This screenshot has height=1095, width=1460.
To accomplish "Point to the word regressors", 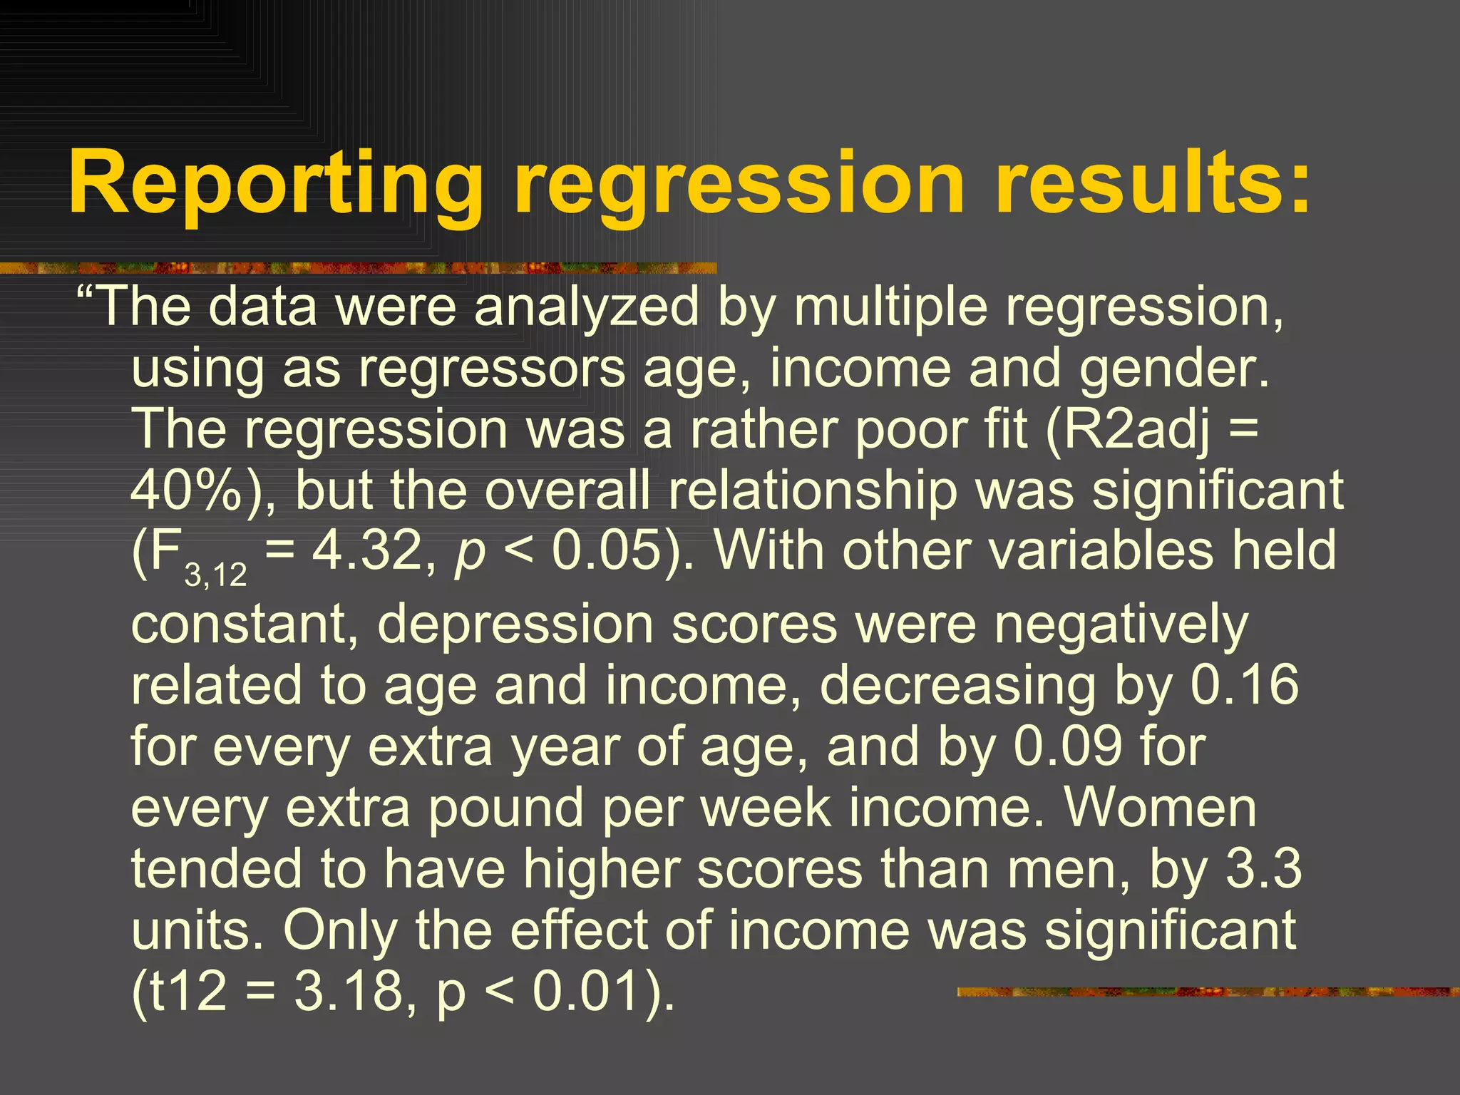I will coord(492,369).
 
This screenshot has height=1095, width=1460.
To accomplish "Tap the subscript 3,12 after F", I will coord(216,575).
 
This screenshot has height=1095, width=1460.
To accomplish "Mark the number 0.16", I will coord(1244,685).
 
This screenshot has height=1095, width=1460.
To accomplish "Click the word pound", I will coord(505,808).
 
